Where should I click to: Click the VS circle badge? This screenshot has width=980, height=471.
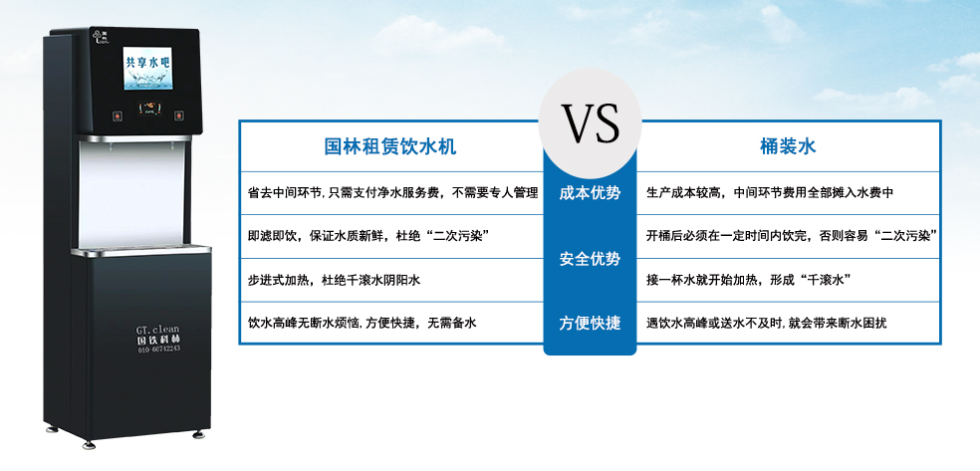(x=590, y=123)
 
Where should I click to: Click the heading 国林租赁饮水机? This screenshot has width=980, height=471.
(x=390, y=147)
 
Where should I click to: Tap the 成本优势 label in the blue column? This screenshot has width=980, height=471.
(x=590, y=193)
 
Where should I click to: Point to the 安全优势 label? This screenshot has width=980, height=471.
(x=590, y=259)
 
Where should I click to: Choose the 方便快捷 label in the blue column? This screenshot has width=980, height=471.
(x=590, y=324)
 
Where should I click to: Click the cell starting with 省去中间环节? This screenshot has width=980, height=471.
(x=392, y=193)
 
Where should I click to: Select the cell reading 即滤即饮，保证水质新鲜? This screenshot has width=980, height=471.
(x=367, y=237)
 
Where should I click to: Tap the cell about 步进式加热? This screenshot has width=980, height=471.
(x=334, y=281)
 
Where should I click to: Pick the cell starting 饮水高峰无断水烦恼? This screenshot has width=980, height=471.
(x=363, y=324)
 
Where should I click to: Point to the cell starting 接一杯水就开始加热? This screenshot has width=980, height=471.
(x=747, y=281)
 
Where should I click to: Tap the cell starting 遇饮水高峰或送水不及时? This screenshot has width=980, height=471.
(x=766, y=324)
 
